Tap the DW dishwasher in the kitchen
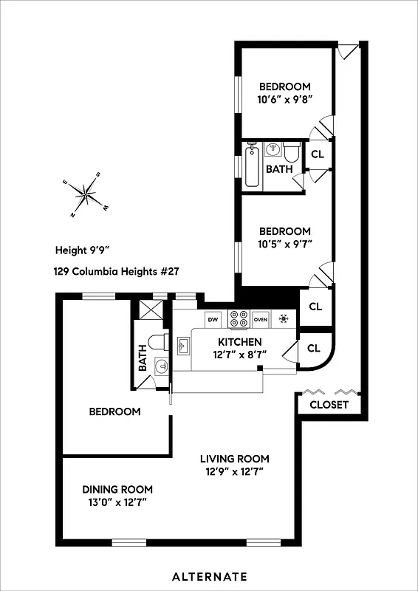(x=213, y=319)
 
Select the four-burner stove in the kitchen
(x=239, y=319)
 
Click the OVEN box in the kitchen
(x=261, y=319)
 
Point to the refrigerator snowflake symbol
(x=283, y=319)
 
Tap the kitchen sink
(x=182, y=345)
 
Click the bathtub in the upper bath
(x=251, y=167)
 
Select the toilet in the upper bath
(x=292, y=152)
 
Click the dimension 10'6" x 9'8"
(x=284, y=100)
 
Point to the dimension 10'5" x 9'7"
(x=284, y=245)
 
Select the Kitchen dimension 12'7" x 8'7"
(x=239, y=355)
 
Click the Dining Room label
(x=117, y=489)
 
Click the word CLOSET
(x=329, y=405)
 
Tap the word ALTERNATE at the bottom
(x=209, y=576)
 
